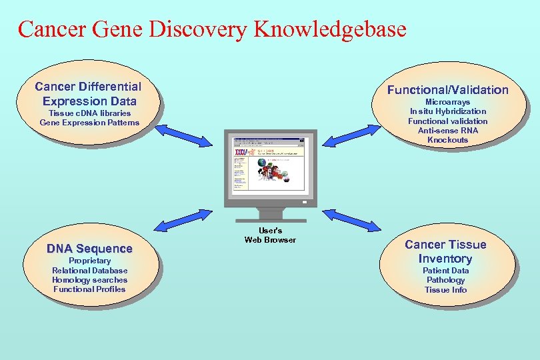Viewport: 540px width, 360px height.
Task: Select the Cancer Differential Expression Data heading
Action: (88, 94)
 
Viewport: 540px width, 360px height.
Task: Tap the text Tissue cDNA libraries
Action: (90, 113)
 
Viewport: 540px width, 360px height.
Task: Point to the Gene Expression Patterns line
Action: (90, 122)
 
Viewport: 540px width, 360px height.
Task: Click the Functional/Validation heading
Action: (447, 90)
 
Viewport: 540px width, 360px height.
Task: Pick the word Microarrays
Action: (447, 102)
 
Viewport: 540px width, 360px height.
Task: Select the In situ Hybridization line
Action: (447, 111)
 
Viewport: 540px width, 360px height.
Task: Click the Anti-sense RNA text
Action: (447, 131)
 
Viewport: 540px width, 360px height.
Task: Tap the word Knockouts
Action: (447, 140)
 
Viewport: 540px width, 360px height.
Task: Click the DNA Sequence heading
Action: (89, 249)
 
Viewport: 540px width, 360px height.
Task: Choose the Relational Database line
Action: (89, 271)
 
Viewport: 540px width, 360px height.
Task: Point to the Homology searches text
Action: (89, 280)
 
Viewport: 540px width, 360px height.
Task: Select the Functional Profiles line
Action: (89, 289)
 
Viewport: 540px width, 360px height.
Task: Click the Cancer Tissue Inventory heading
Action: (445, 251)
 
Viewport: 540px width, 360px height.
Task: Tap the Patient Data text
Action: (445, 271)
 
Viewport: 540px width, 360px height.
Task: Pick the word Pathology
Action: (445, 280)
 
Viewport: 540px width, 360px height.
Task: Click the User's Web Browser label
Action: (270, 235)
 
